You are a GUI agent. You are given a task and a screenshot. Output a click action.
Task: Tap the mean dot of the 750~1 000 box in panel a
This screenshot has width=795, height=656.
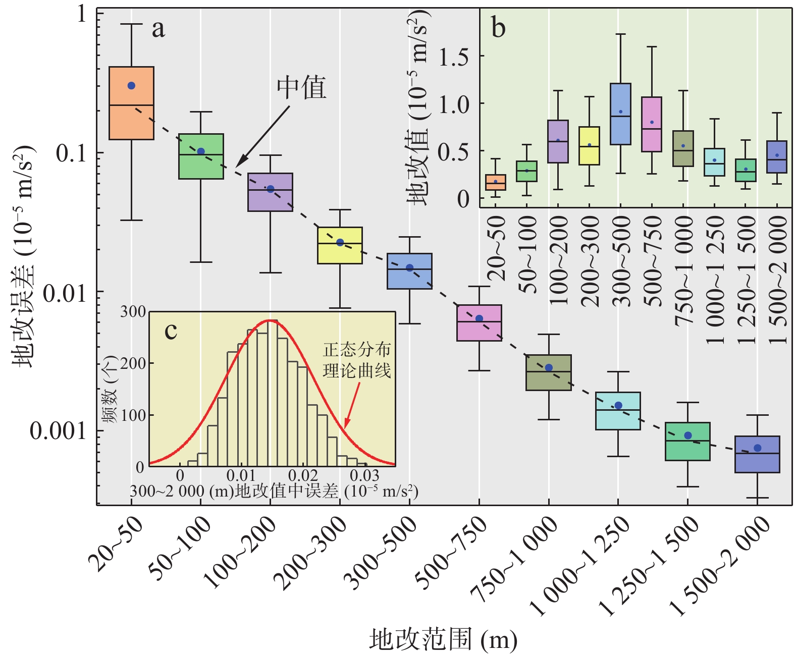tap(549, 368)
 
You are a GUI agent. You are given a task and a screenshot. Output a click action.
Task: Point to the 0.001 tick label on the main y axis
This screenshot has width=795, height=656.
tap(58, 431)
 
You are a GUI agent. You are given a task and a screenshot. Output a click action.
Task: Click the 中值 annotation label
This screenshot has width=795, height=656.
tap(301, 88)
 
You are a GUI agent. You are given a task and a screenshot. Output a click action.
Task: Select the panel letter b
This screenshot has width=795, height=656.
tap(498, 28)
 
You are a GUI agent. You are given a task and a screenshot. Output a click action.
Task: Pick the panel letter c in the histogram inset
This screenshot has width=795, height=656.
tap(171, 331)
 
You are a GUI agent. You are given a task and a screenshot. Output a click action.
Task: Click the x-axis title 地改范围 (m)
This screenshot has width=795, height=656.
tap(443, 639)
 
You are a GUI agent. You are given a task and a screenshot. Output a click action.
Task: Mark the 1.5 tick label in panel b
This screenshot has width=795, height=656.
tap(453, 57)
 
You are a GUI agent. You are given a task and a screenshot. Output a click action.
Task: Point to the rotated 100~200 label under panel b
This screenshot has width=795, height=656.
tap(558, 260)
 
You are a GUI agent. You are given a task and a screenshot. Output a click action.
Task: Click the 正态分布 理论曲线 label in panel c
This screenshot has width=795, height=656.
tap(357, 360)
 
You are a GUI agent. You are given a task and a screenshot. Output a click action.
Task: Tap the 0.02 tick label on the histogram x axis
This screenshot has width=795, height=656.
tap(303, 475)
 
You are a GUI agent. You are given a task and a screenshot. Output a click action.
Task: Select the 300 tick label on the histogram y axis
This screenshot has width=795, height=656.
tap(133, 312)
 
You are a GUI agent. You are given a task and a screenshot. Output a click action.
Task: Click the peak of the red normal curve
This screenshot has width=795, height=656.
tap(271, 320)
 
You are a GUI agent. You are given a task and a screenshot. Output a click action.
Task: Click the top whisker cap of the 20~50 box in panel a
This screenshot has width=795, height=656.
tap(131, 24)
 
